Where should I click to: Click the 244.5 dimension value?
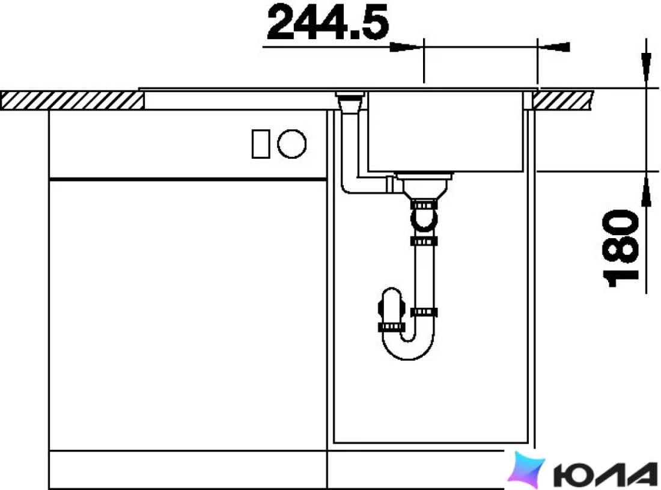pyautogui.click(x=327, y=22)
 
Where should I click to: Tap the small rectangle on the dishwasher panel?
pyautogui.click(x=261, y=144)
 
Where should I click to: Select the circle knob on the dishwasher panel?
pyautogui.click(x=291, y=144)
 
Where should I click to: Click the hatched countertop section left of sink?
pyautogui.click(x=72, y=101)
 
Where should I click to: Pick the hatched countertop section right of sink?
pyautogui.click(x=562, y=100)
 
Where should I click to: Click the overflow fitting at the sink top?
pyautogui.click(x=350, y=102)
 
